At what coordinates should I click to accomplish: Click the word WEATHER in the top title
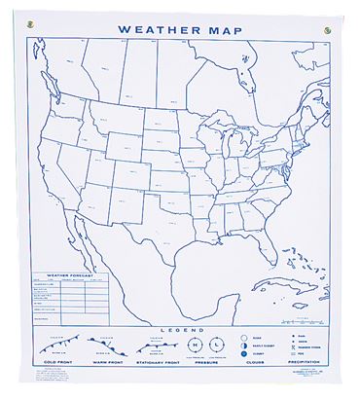point(156,29)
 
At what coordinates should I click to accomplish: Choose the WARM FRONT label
point(108,378)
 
